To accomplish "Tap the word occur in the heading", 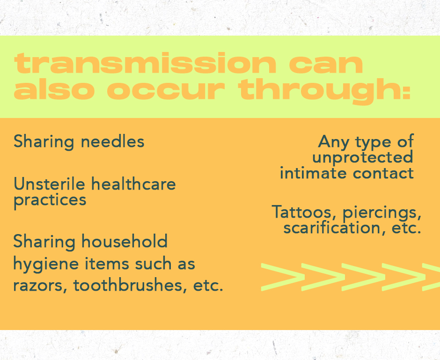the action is coord(166,90).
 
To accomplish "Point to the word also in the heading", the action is coord(54,89).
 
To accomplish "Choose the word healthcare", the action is coord(133,184).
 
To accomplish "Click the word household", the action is coord(125,241).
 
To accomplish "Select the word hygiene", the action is coord(46,265).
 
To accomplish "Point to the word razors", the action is coord(40,286).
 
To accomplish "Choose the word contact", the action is coord(383,173).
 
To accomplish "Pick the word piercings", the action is coord(382,213).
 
